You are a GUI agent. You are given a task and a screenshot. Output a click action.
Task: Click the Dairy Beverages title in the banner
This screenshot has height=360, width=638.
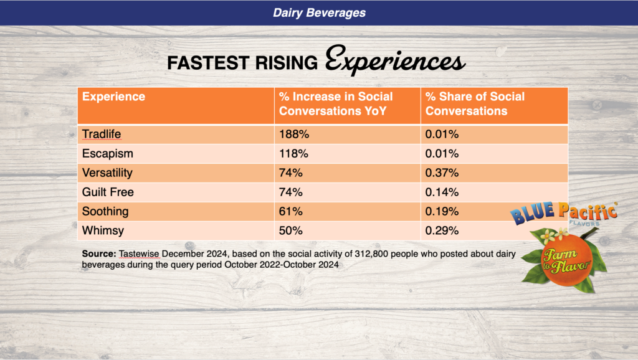point(319,12)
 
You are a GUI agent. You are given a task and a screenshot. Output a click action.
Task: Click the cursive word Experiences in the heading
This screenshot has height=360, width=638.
point(395,63)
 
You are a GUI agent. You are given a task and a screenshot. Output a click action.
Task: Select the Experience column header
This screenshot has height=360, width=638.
point(114,97)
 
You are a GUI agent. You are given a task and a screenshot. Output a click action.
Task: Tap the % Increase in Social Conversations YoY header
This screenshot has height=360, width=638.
point(336,104)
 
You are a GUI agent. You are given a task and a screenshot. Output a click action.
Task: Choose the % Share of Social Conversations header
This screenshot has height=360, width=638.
point(475,104)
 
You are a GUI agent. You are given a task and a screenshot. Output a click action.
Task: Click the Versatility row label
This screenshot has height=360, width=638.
point(107,172)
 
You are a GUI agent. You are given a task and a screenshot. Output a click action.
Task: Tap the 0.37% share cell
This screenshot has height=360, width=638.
point(442,172)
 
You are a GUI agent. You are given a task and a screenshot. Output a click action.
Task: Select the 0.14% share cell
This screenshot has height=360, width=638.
point(442,191)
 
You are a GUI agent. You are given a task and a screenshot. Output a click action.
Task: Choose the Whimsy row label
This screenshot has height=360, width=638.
point(102,230)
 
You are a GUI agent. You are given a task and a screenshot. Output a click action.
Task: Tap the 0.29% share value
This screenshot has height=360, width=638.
point(442,230)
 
